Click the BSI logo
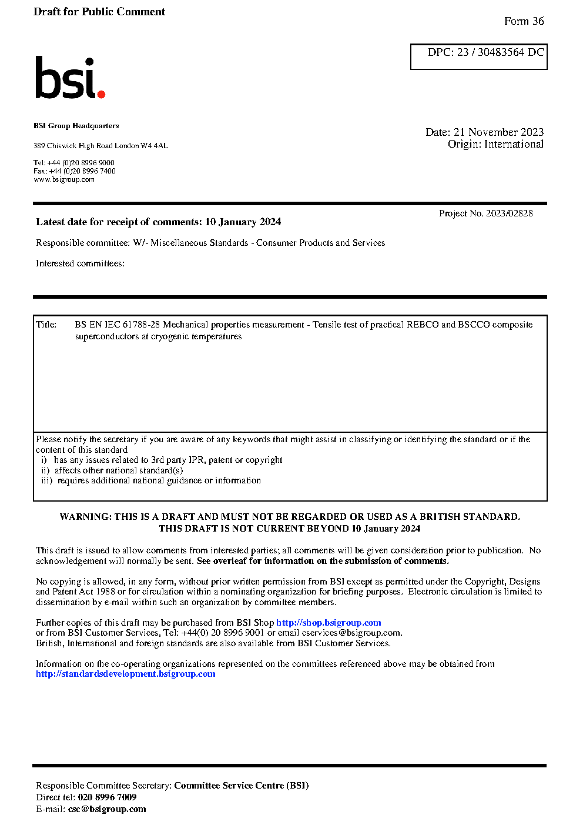coord(69,78)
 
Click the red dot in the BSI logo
coord(101,93)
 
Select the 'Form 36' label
coord(524,21)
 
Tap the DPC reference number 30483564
coord(501,52)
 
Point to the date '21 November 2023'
coord(498,132)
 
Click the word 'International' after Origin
coord(514,144)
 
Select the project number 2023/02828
coord(509,213)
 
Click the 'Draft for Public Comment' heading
coord(99,12)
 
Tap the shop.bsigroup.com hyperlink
coord(329,623)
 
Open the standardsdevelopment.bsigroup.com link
coord(125,674)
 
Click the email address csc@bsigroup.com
coord(107,809)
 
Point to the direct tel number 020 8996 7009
coord(107,797)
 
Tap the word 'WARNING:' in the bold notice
coord(86,517)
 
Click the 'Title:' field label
coord(46,325)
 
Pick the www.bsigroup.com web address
coord(64,180)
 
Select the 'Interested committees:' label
coord(80,263)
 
